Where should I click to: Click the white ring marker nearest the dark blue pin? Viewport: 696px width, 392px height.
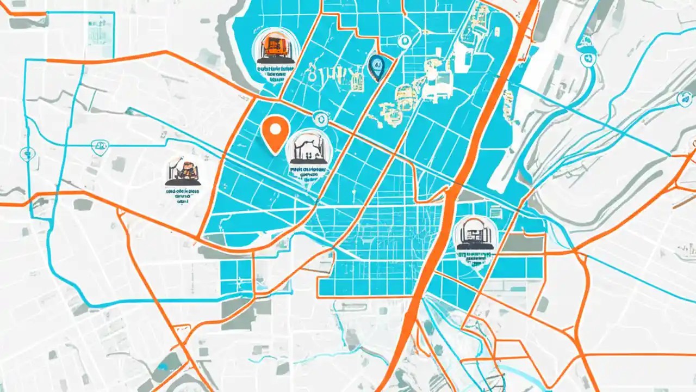404,41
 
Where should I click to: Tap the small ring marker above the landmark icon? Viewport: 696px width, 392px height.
319,117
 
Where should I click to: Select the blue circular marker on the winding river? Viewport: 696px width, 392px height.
587,59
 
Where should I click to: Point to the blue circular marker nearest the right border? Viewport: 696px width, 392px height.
683,99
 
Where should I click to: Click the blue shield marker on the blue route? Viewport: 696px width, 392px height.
100,146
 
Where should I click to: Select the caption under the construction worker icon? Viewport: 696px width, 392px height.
183,194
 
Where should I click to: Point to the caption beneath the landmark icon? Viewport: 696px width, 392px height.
309,173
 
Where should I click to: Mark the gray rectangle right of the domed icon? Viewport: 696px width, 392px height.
522,243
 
